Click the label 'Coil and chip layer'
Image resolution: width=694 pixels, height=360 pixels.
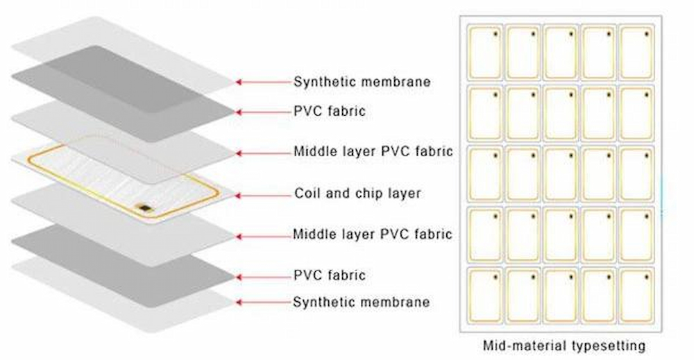pos(357,193)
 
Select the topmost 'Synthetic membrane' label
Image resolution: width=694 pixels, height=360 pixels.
pos(362,82)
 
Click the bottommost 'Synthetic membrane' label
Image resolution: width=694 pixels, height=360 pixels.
pos(361,302)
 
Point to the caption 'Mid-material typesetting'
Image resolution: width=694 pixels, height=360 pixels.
pos(564,345)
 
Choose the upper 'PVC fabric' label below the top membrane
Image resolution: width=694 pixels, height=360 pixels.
pos(330,111)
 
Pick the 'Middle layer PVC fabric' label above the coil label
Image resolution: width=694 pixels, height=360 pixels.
pos(373,151)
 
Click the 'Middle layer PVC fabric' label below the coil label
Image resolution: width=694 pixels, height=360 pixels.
pos(373,234)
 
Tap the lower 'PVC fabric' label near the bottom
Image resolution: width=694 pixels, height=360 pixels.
pos(329,275)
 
